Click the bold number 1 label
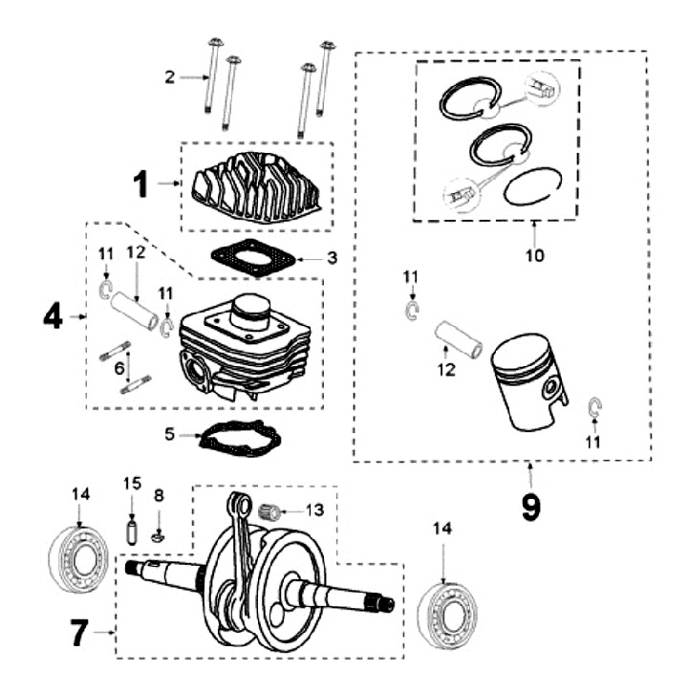140,184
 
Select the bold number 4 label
53,315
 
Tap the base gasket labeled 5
238,438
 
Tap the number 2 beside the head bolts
169,77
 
